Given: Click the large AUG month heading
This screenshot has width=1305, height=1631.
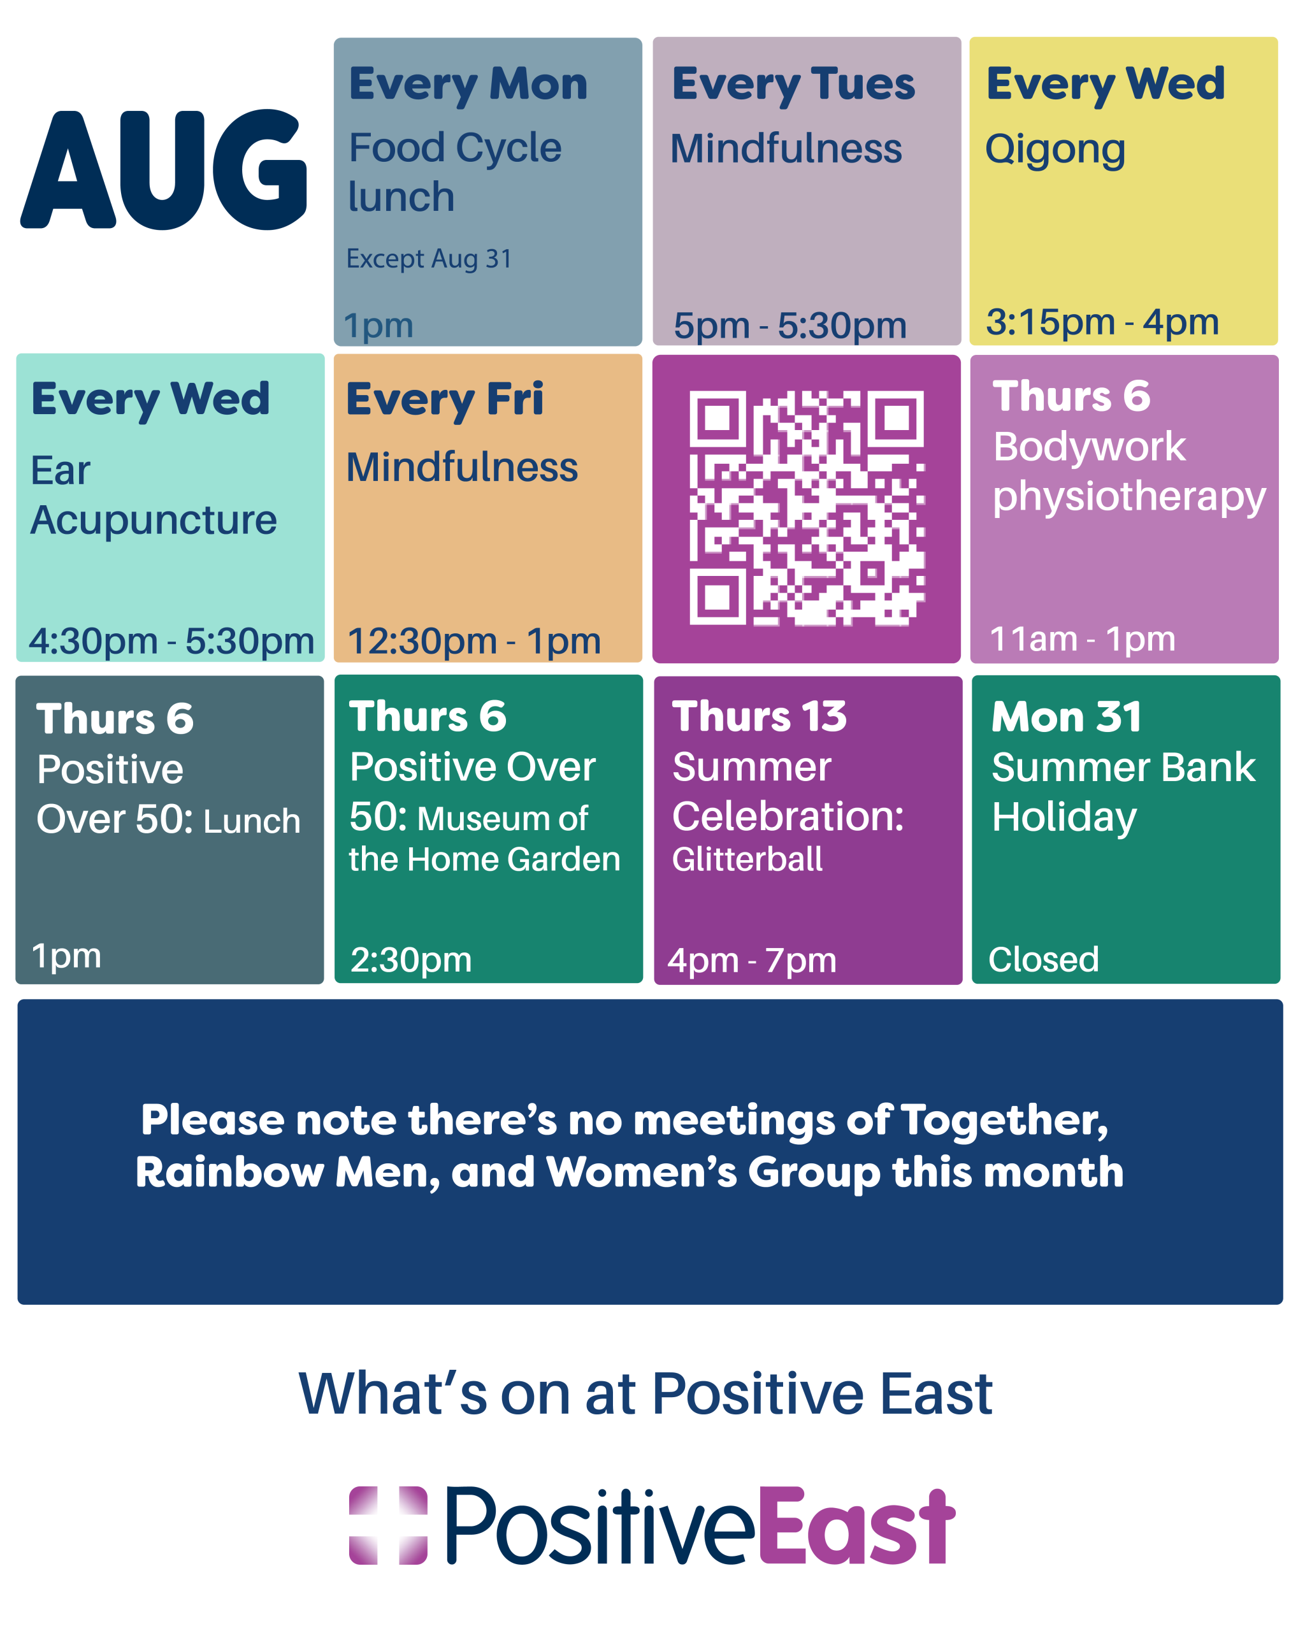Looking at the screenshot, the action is click(x=163, y=169).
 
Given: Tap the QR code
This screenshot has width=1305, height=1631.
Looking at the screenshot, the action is click(x=807, y=508).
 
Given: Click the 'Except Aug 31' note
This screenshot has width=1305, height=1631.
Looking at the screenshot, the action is click(x=429, y=259).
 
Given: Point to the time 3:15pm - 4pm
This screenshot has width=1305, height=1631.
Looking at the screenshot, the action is click(x=1102, y=322).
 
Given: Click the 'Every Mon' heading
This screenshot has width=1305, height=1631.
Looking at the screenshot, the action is click(x=468, y=85).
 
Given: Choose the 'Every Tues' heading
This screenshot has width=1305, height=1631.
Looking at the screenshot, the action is click(x=793, y=85).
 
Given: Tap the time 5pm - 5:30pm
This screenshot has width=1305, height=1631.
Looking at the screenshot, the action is click(x=789, y=326).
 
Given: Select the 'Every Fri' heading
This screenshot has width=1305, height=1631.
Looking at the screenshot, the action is click(x=445, y=399).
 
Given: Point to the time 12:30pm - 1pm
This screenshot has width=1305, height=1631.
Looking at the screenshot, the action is click(x=473, y=642).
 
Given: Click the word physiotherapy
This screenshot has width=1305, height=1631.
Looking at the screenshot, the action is click(x=1130, y=498).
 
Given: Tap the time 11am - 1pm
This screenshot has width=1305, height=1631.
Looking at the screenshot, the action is click(x=1083, y=639).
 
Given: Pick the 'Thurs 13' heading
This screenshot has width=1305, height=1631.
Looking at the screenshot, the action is click(x=760, y=716).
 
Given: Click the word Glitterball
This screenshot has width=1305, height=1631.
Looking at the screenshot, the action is click(x=747, y=859).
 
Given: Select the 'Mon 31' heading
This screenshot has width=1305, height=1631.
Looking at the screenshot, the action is click(x=1067, y=716).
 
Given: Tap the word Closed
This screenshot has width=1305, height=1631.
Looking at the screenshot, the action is click(x=1043, y=959).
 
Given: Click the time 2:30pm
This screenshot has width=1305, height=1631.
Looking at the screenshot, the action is click(x=411, y=961).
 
